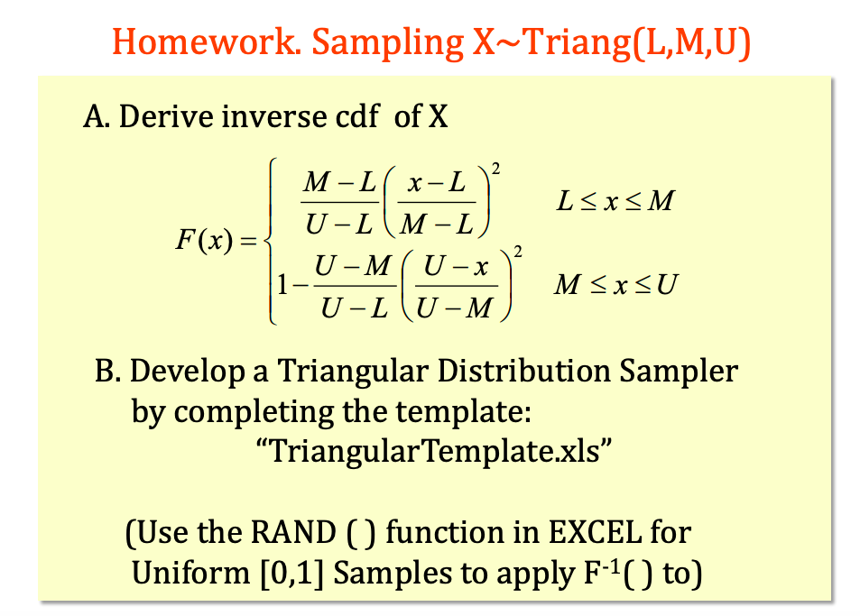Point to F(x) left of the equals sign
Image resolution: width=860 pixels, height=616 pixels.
click(204, 240)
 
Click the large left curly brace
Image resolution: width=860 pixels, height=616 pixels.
click(270, 241)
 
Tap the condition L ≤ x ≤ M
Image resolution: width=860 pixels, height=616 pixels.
click(615, 200)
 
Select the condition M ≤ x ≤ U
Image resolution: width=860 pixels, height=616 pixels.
click(616, 284)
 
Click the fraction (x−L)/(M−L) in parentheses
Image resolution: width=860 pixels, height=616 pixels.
click(437, 202)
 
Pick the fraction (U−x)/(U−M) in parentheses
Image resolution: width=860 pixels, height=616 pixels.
click(457, 286)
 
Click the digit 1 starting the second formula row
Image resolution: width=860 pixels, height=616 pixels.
click(282, 284)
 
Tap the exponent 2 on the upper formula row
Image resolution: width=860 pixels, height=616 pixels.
click(495, 169)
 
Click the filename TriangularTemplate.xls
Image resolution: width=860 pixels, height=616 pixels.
click(434, 452)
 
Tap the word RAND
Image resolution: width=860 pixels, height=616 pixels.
click(293, 532)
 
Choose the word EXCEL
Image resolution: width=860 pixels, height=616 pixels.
click(595, 532)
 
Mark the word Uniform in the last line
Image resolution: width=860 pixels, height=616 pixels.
click(191, 574)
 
